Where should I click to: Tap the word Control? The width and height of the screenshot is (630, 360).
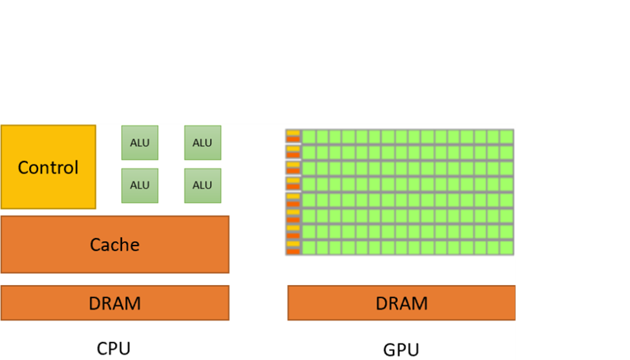[x=48, y=168]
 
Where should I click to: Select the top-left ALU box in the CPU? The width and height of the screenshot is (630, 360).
[x=140, y=143]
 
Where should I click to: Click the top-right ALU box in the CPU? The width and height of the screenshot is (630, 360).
[x=202, y=143]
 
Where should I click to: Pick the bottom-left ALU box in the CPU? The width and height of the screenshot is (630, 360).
[x=140, y=185]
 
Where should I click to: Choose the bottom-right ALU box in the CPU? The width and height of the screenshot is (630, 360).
[x=202, y=185]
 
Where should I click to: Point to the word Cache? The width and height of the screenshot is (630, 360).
[x=114, y=244]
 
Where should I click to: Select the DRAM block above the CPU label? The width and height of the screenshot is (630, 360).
[x=114, y=302]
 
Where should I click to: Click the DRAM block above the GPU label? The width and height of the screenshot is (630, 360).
[x=401, y=302]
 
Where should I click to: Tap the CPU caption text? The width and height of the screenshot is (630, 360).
[x=114, y=348]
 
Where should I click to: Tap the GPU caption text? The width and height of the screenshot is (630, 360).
[x=401, y=350]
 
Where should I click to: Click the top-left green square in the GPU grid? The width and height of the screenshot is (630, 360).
[x=309, y=136]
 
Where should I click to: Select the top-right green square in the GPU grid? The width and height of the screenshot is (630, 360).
[x=506, y=136]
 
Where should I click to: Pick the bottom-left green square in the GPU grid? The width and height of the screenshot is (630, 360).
[x=309, y=247]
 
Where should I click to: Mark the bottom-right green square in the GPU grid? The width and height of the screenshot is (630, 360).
[x=506, y=247]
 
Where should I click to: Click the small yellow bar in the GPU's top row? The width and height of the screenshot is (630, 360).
[x=293, y=133]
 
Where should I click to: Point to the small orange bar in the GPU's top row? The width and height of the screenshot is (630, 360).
[x=293, y=139]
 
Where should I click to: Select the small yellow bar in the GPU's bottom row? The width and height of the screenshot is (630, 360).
[x=293, y=244]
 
